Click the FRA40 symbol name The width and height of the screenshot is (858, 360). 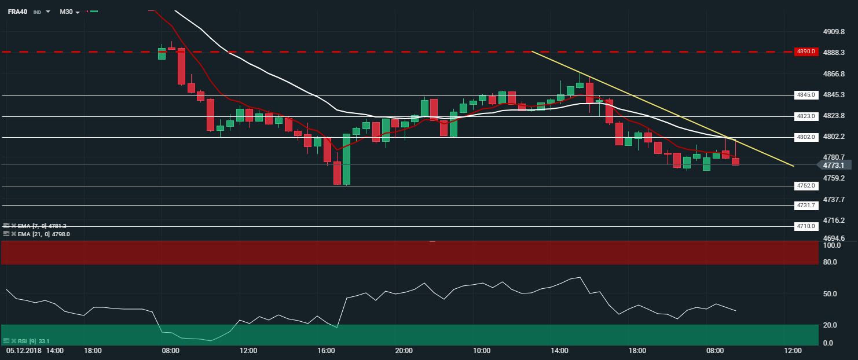[17, 12]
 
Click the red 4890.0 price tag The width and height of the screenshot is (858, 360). [805, 52]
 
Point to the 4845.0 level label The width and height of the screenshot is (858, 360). [805, 95]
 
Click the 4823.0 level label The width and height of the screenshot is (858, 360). [805, 116]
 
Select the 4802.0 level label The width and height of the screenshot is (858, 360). [805, 137]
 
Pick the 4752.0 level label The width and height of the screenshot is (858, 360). [805, 186]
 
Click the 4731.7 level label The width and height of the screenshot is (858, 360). [805, 205]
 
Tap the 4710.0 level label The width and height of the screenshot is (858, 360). [805, 226]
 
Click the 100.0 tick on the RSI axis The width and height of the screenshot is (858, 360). [831, 245]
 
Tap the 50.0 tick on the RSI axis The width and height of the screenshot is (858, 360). [830, 294]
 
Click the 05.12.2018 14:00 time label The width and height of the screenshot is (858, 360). [35, 351]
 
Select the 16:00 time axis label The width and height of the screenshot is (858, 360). [326, 351]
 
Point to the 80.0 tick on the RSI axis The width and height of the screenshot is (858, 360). [830, 262]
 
